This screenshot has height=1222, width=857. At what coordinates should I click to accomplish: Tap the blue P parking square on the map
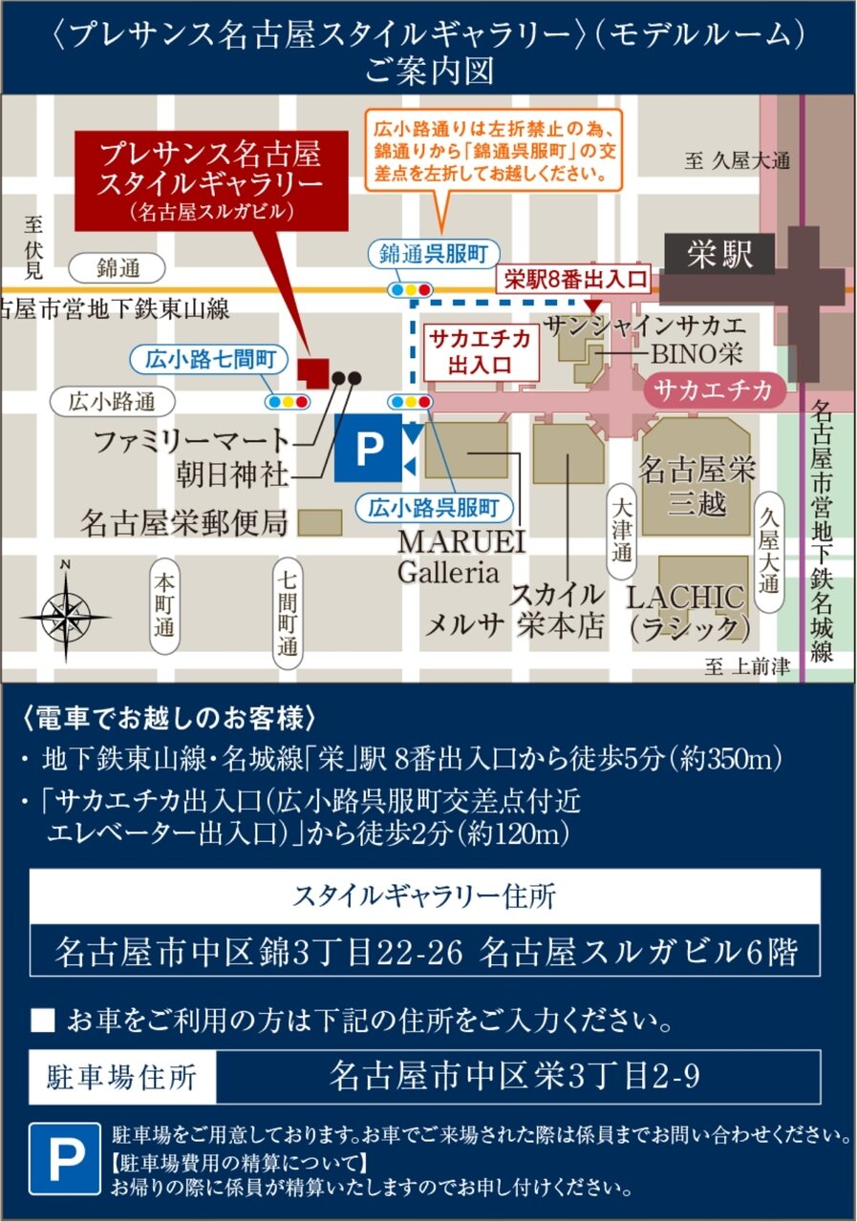(367, 449)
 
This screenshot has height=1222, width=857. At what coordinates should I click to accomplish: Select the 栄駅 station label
(718, 255)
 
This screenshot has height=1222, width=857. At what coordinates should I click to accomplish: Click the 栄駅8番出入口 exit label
(575, 280)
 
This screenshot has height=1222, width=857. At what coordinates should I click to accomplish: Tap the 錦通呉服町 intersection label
(426, 253)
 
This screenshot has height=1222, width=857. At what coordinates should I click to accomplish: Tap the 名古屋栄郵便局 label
(184, 522)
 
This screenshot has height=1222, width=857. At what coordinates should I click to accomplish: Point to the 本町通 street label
(165, 606)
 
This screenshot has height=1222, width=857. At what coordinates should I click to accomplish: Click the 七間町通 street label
(287, 610)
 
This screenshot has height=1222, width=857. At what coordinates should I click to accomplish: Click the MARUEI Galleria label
(461, 557)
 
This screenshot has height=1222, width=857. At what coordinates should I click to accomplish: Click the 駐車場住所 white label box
(122, 1077)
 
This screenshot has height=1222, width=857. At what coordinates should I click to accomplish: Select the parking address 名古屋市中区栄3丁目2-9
(516, 1077)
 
